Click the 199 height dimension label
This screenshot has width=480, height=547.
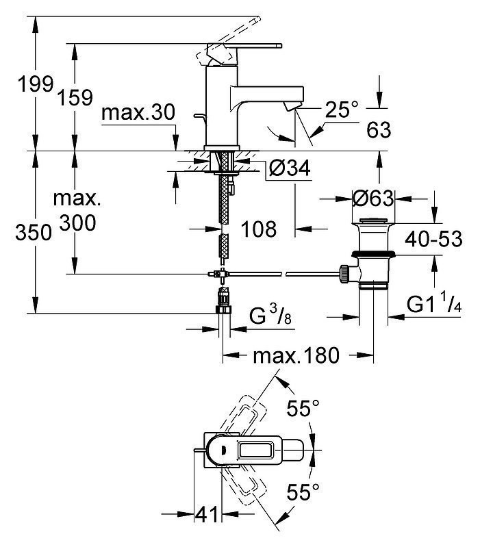pos(36,84)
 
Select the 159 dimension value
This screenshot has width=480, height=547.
pos(75,97)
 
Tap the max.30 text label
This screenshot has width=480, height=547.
pos(138,113)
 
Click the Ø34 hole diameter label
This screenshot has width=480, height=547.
pos(290,168)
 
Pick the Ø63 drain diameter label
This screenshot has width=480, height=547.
pos(373,198)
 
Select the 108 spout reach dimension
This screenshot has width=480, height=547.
pos(259,229)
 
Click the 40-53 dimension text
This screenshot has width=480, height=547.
pos(433,239)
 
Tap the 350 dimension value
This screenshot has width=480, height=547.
pos(34,232)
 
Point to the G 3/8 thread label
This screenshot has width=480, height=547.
pos(270,314)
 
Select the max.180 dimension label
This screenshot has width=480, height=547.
pos(296,355)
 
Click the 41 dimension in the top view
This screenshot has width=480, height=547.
pos(207,514)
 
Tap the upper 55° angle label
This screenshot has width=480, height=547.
pos(303,408)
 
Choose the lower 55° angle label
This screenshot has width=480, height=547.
pos(303,492)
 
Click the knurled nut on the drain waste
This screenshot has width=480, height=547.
pos(343,274)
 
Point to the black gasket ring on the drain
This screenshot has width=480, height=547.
pos(373,253)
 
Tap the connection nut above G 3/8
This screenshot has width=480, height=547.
pos(224,309)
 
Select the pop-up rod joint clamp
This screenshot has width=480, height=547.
pos(217,274)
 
